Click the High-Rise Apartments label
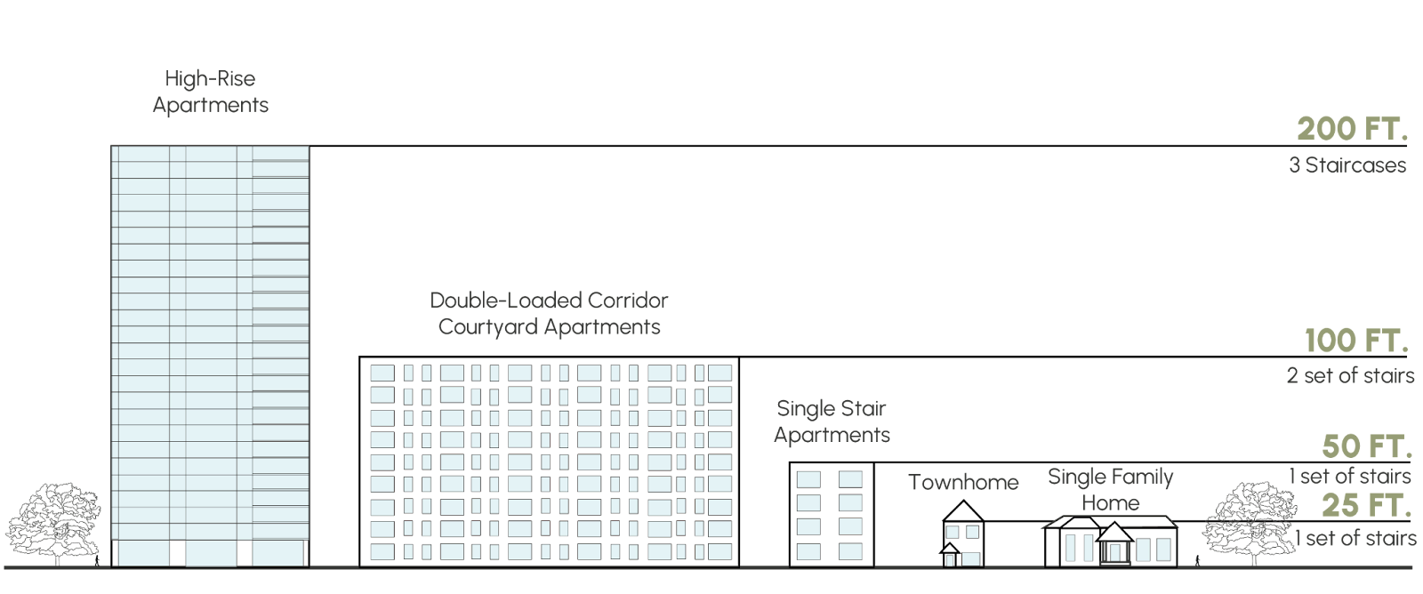(x=210, y=92)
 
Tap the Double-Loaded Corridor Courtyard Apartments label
(x=549, y=313)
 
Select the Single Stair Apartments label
(x=832, y=421)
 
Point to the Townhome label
(x=963, y=483)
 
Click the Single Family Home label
(x=1110, y=490)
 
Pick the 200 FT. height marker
(x=1352, y=130)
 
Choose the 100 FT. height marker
(x=1355, y=341)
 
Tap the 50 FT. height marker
(x=1365, y=445)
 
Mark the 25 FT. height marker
(x=1365, y=506)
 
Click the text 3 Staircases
(x=1347, y=165)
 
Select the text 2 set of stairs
(x=1350, y=375)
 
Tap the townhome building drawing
(x=961, y=545)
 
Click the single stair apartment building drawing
(x=829, y=517)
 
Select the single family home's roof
(x=1109, y=526)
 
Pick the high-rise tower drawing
(x=210, y=356)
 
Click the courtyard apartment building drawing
(x=551, y=462)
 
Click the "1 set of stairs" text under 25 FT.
(x=1355, y=539)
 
